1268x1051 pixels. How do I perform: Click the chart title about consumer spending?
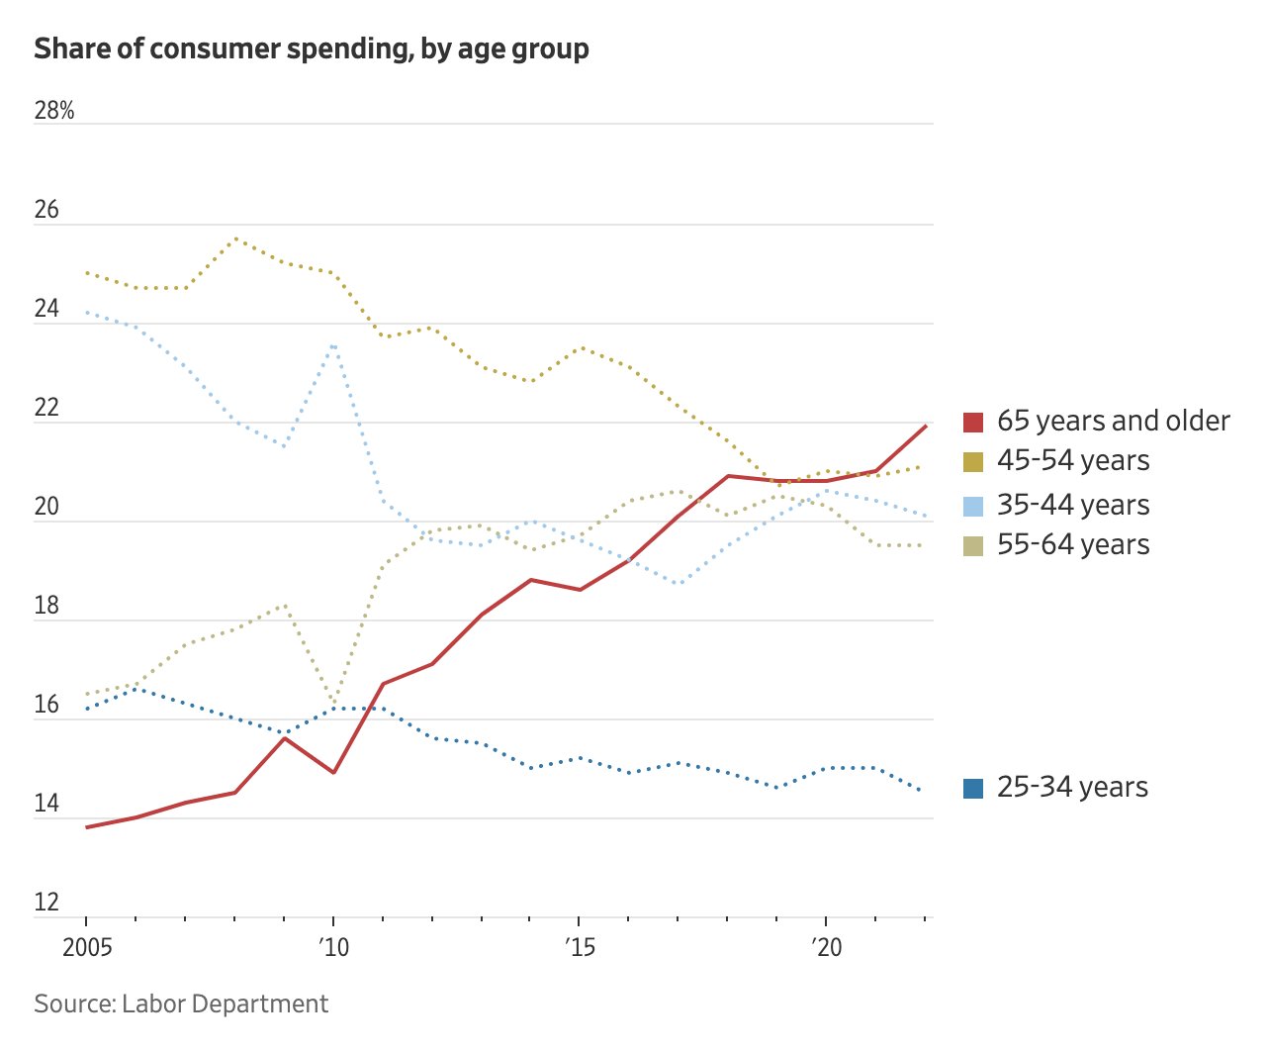coord(312,48)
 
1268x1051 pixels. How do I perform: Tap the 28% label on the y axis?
coord(54,111)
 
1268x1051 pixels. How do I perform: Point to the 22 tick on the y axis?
coord(46,408)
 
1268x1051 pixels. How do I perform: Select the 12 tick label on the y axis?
coord(46,903)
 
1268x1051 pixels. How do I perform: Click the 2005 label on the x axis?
coord(87,948)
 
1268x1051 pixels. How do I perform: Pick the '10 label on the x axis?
coord(334,948)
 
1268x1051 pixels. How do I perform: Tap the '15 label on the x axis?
coord(580,948)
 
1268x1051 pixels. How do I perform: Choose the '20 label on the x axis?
coord(826,948)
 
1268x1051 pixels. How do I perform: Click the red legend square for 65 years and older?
coord(973,422)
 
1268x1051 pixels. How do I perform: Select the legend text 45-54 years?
coord(1073,461)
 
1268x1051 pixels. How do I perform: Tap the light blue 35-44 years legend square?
coord(973,506)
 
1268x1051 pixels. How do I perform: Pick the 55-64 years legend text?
coord(1073,545)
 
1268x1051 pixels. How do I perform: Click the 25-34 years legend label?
coord(1072,788)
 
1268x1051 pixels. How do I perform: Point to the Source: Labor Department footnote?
coord(181,1003)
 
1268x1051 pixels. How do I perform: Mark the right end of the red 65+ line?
coord(926,426)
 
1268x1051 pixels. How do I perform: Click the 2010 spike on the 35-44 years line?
coord(334,344)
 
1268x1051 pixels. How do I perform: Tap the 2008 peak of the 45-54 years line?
coord(235,239)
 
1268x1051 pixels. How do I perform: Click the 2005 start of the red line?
coord(87,827)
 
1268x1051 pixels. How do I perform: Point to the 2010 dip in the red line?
coord(334,773)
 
